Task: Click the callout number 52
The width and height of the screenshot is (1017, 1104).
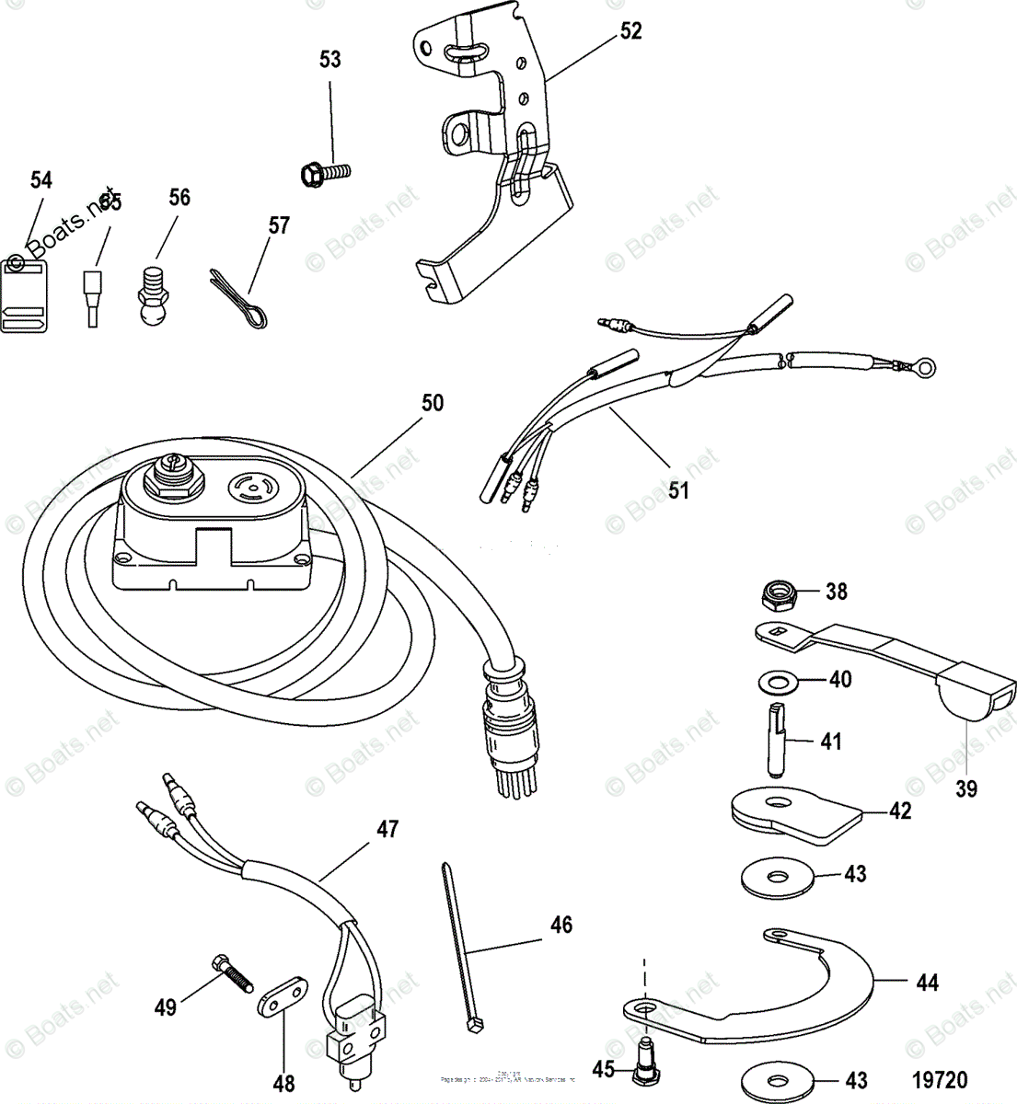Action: coord(630,30)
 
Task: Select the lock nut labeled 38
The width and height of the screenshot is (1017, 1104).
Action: coord(779,596)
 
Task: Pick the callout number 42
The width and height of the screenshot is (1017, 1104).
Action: coord(900,811)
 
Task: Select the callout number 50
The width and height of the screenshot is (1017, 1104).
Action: coord(432,403)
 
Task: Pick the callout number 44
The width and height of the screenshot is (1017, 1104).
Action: coord(927,983)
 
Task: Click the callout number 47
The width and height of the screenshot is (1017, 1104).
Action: coord(387,829)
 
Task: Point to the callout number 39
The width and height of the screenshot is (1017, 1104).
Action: coord(965,788)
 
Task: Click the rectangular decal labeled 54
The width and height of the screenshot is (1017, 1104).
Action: coord(24,295)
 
